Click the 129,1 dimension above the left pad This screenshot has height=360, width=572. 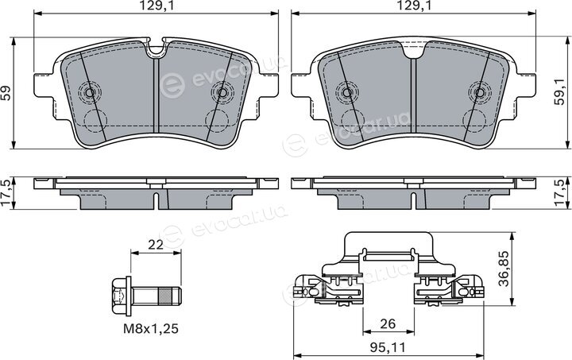[156, 6]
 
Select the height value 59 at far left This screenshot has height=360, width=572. [6, 93]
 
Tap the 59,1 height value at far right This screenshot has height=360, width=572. [559, 93]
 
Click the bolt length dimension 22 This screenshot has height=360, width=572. [156, 245]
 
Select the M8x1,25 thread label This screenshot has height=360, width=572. [151, 329]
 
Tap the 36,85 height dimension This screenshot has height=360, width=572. [504, 269]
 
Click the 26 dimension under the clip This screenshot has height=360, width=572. [388, 323]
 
